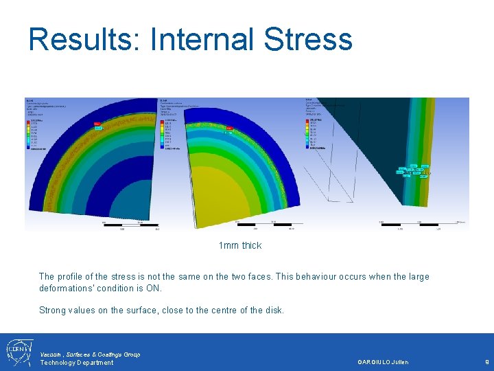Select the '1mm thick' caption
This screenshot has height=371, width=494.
click(x=239, y=245)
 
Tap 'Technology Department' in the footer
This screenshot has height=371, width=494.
click(x=76, y=362)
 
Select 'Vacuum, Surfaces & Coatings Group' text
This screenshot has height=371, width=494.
click(x=90, y=354)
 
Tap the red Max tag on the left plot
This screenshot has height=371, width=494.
click(x=97, y=124)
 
